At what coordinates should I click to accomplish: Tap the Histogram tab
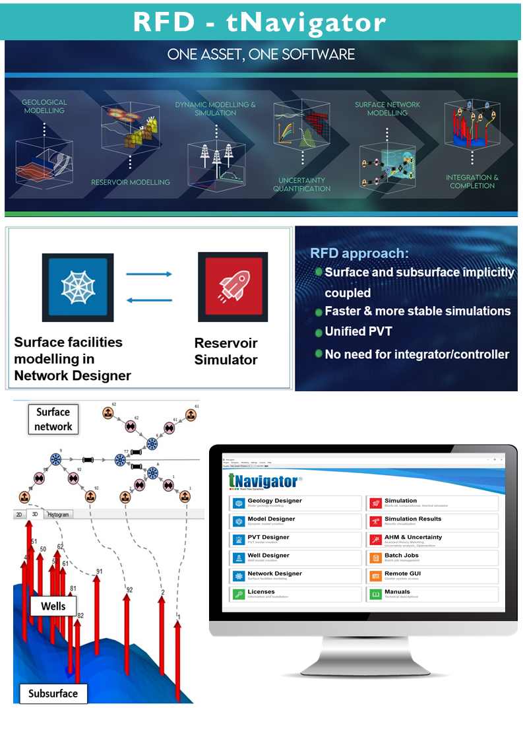click(58, 514)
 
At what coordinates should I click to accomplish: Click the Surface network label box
click(53, 419)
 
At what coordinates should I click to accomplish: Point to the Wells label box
click(53, 606)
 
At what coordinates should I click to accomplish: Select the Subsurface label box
click(53, 693)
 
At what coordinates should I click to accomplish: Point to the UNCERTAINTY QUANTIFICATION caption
click(302, 184)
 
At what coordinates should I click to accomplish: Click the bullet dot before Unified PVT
click(319, 332)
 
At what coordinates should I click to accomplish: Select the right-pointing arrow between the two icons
click(148, 274)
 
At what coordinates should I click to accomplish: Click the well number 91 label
click(99, 571)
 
